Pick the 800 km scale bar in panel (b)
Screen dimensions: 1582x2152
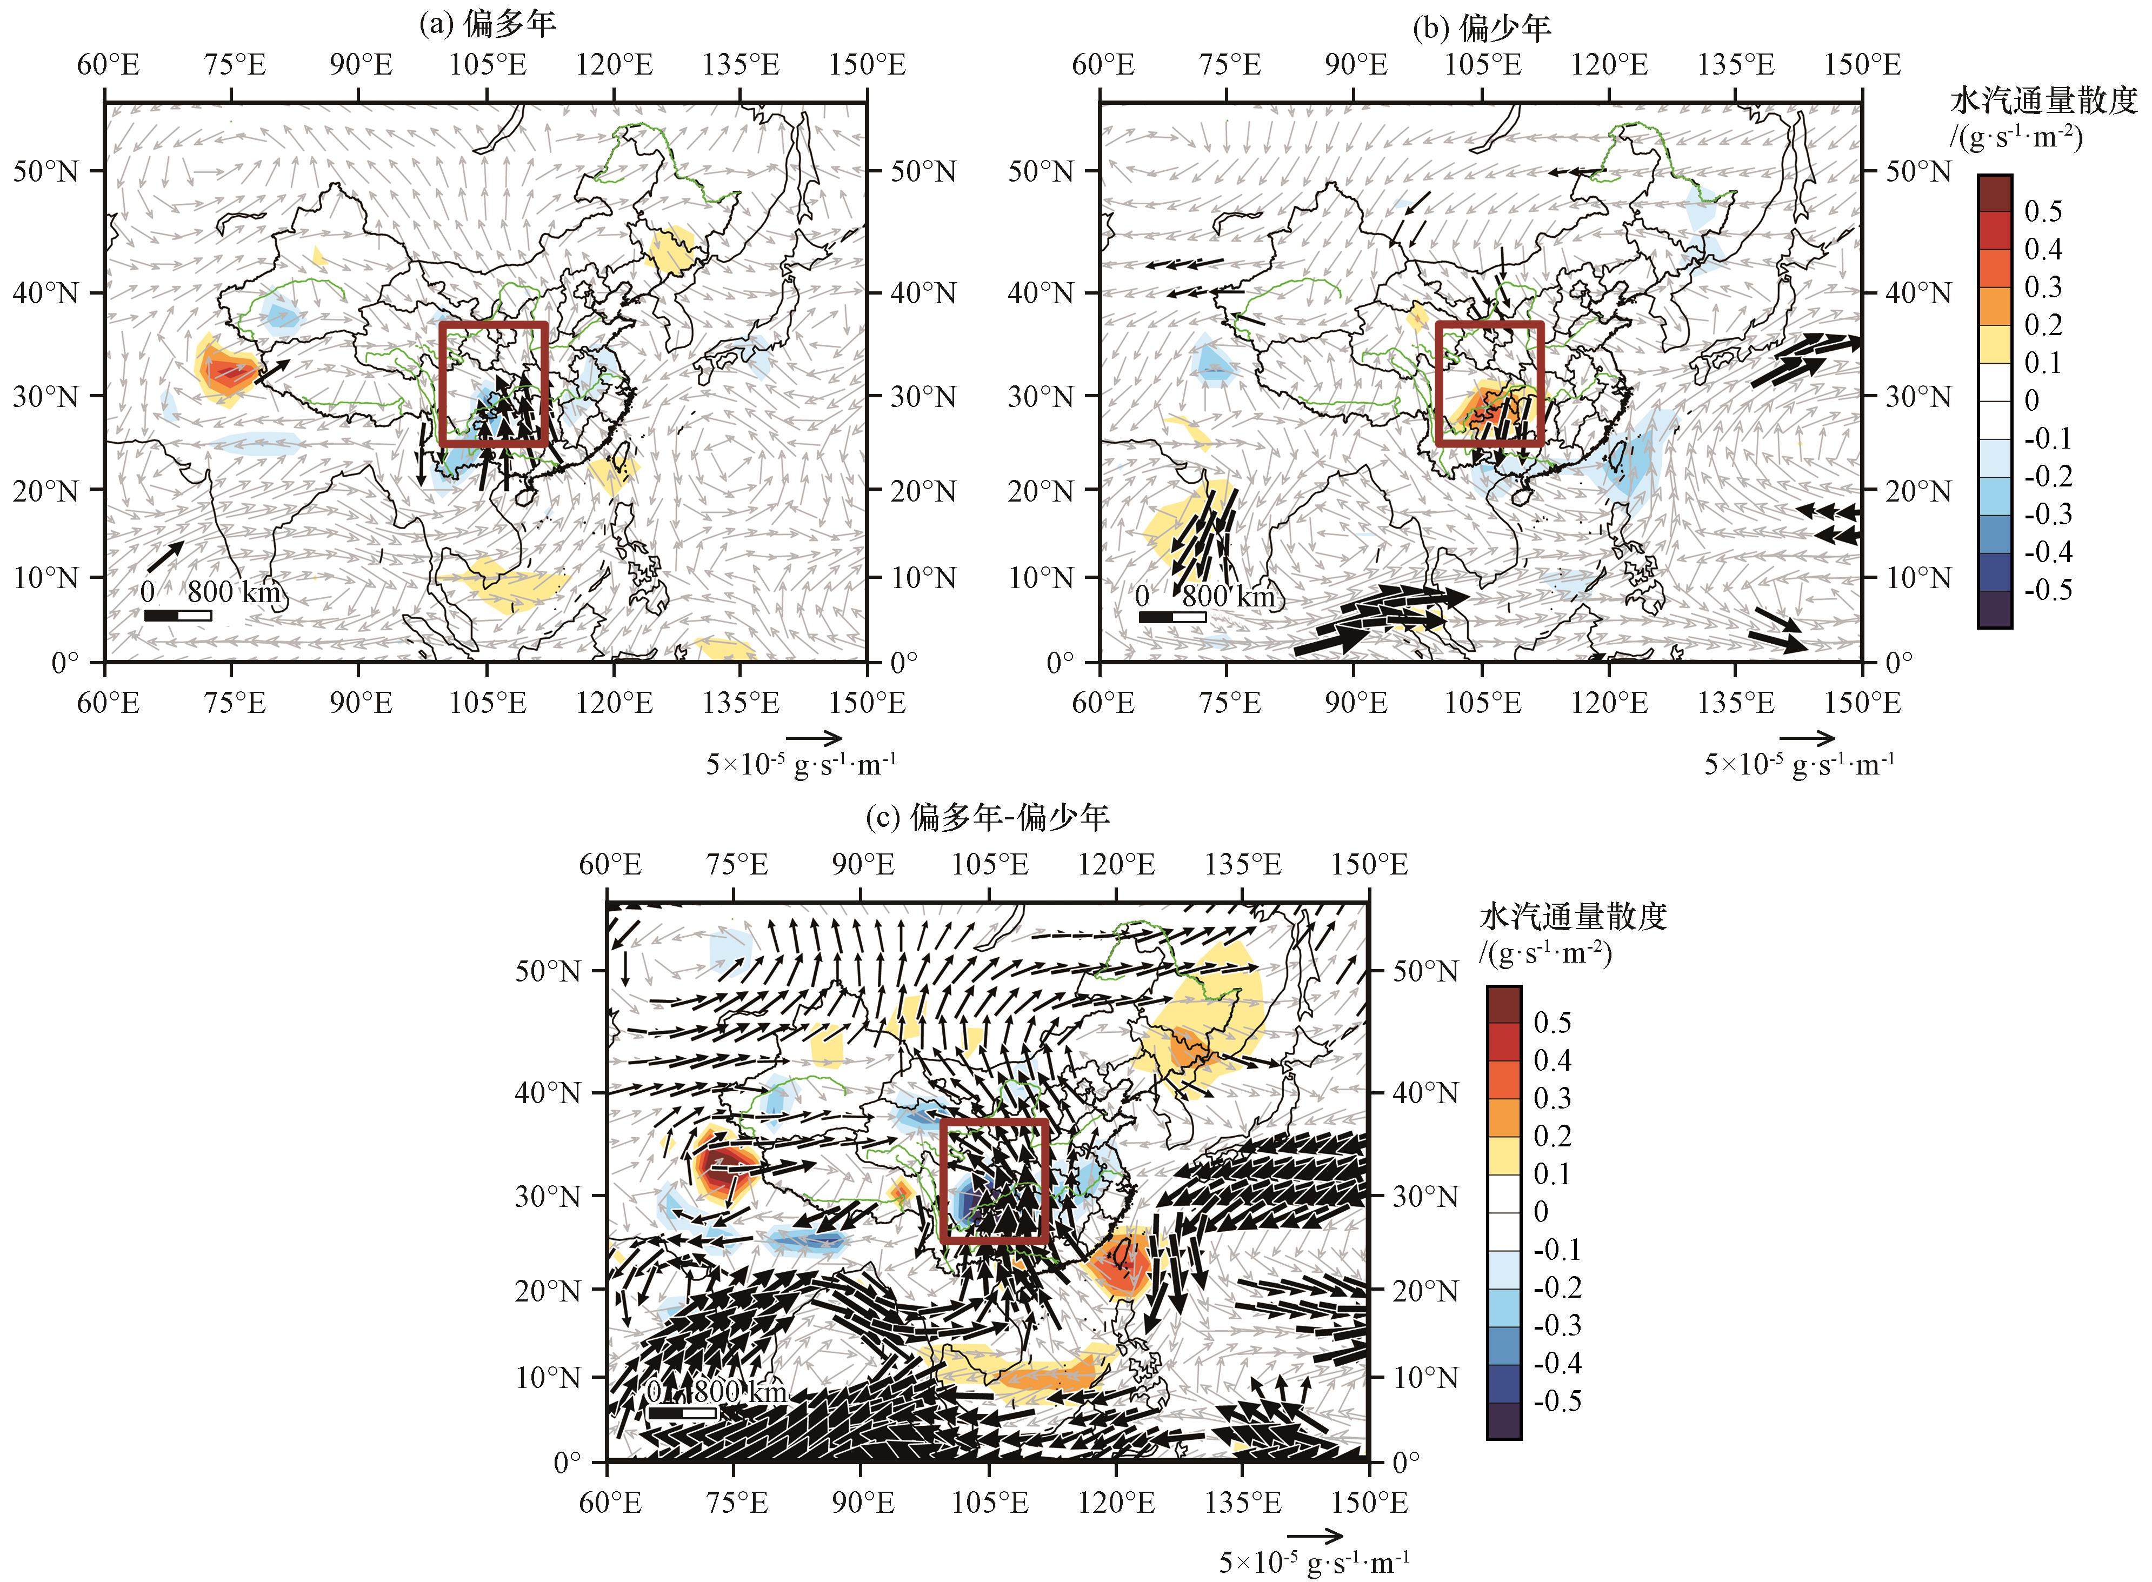pyautogui.click(x=1172, y=617)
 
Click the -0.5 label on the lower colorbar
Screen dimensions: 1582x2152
pyautogui.click(x=1556, y=1401)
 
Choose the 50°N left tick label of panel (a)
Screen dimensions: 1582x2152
pyautogui.click(x=44, y=172)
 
